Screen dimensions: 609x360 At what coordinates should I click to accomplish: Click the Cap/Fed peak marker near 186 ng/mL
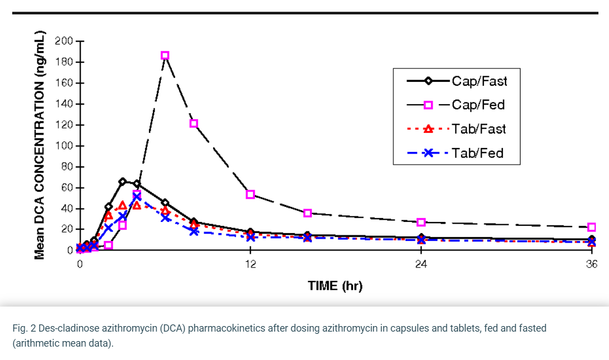tap(165, 56)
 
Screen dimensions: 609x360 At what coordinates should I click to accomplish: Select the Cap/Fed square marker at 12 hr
tap(250, 194)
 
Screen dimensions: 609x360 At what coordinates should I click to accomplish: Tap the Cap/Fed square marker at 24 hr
tap(421, 223)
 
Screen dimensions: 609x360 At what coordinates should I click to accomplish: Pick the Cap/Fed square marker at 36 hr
tap(592, 227)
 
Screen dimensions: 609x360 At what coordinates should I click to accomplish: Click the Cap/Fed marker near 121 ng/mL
tap(194, 124)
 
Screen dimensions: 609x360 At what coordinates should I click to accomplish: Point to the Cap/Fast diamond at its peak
tap(123, 181)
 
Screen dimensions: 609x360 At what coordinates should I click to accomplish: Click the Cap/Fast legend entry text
tap(479, 81)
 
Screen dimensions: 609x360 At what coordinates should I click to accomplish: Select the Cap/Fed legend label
tap(478, 105)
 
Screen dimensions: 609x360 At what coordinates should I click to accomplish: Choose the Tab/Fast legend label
tap(478, 129)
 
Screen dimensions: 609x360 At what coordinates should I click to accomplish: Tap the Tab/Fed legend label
tap(477, 153)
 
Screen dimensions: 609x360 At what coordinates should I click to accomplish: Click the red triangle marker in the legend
tap(428, 129)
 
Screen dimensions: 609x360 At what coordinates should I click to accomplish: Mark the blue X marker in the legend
tap(428, 153)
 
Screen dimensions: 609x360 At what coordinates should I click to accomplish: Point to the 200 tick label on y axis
tap(64, 41)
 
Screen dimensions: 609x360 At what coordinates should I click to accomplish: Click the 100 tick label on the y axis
tap(64, 146)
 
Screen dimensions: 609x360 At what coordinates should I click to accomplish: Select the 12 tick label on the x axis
tap(250, 264)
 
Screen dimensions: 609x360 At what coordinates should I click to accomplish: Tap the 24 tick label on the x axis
tap(421, 264)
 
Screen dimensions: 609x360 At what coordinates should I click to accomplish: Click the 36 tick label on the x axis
tap(592, 264)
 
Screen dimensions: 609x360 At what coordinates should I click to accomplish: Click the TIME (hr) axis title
tap(335, 286)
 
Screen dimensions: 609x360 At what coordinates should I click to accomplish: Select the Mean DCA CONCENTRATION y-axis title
tap(39, 145)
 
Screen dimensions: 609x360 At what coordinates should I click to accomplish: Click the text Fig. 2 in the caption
tap(24, 328)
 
